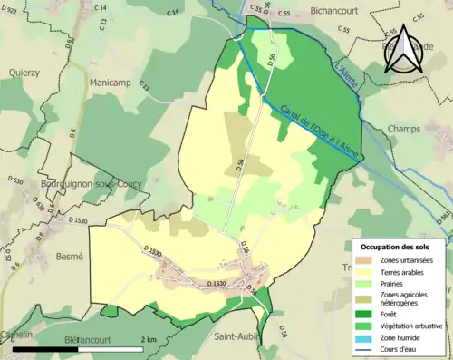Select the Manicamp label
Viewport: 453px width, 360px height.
[x=113, y=83]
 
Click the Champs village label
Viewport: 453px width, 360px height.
[x=405, y=130]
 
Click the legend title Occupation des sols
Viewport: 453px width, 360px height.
[x=397, y=246]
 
